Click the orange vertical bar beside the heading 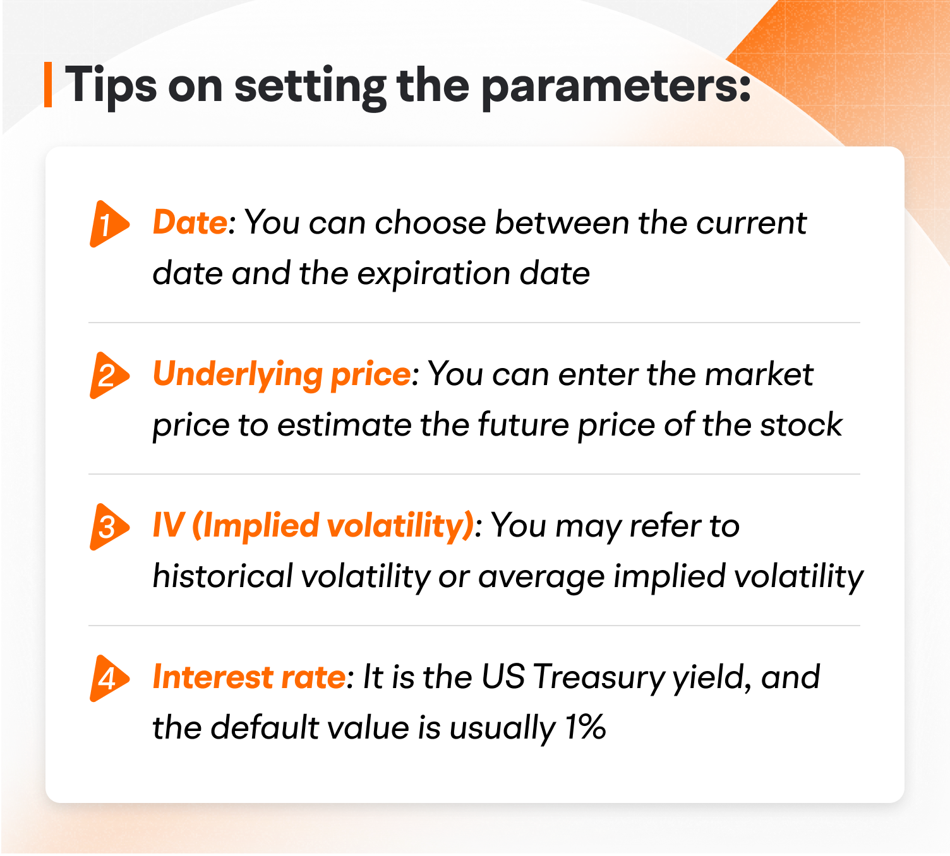(48, 85)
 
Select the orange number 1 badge (108, 224)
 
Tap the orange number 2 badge (108, 376)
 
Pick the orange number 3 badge (108, 526)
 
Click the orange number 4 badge (108, 679)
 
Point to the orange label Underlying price (282, 374)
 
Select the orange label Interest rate (249, 677)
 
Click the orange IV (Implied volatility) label (313, 526)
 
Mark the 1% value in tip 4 (585, 727)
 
